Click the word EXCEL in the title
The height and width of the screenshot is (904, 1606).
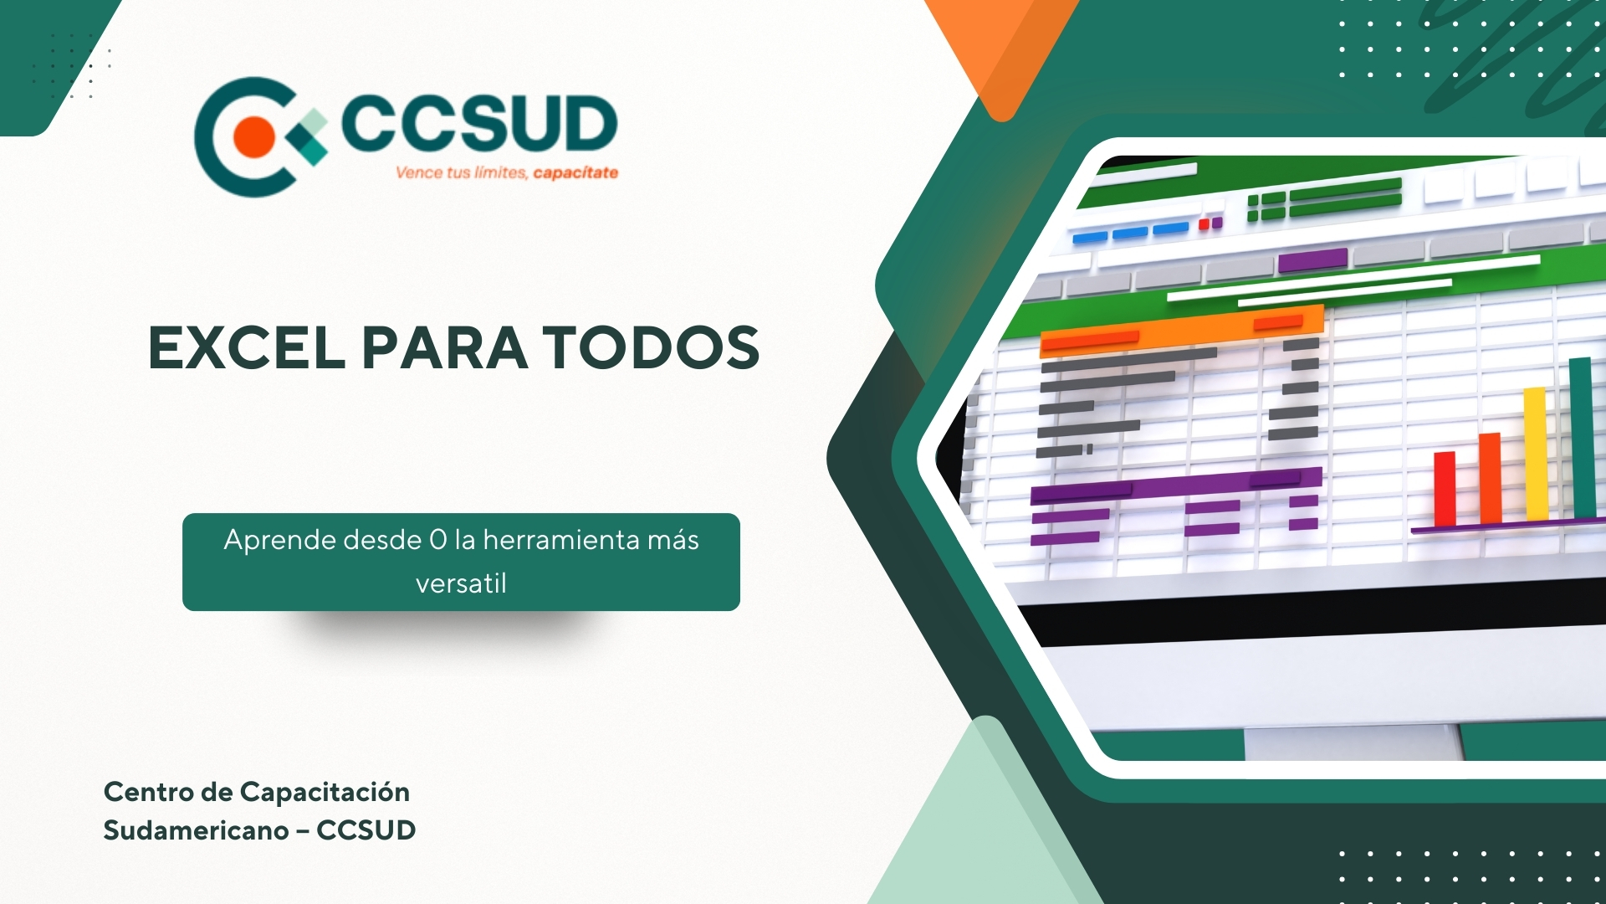[x=247, y=347]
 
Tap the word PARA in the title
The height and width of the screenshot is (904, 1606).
[x=444, y=347]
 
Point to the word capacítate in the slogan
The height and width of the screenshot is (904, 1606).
[x=575, y=173]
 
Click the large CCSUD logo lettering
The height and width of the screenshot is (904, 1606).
[x=479, y=123]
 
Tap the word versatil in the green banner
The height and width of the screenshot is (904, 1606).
[x=461, y=583]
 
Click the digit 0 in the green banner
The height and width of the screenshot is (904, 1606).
[x=438, y=541]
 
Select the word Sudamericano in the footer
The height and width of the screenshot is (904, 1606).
[x=196, y=830]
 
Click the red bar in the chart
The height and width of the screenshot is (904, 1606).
[x=1445, y=489]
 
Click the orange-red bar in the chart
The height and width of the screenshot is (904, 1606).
[x=1490, y=478]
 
